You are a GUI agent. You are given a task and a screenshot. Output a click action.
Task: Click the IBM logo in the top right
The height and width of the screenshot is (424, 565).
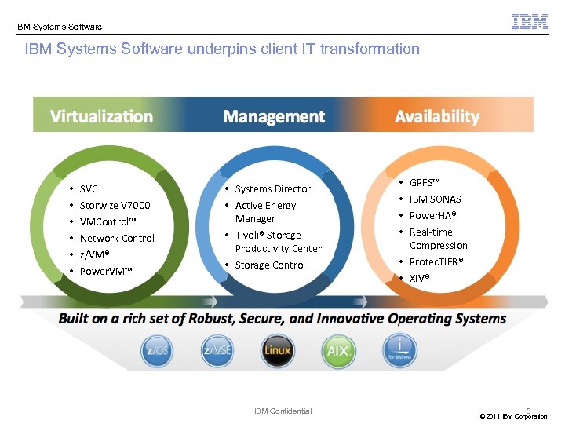coord(530,21)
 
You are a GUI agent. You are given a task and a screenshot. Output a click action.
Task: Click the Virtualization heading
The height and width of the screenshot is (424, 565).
coord(101,117)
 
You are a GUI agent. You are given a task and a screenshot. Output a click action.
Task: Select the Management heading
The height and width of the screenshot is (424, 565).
coord(273,117)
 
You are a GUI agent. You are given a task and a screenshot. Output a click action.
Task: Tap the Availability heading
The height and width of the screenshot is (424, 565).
coord(437,117)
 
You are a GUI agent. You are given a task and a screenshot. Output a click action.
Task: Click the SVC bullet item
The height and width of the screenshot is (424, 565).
coord(89,189)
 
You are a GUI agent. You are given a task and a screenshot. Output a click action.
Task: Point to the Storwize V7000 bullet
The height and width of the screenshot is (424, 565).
coord(115,206)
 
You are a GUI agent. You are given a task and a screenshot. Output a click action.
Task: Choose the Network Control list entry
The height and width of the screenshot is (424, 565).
coord(117,239)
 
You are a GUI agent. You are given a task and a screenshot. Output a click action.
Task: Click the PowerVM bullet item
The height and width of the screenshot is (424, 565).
coord(106,272)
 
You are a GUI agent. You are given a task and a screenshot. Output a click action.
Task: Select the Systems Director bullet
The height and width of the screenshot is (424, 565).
coord(273,189)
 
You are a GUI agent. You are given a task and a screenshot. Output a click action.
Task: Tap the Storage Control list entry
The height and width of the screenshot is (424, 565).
coord(270,265)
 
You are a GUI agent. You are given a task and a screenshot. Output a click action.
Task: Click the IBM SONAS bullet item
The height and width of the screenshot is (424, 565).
coord(435,199)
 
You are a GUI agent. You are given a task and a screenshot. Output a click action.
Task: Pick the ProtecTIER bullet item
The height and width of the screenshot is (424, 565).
coord(436,261)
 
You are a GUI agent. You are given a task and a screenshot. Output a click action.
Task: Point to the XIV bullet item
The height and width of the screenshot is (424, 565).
coord(419,278)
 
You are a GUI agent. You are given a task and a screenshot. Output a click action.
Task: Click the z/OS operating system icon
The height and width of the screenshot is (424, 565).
coord(156,350)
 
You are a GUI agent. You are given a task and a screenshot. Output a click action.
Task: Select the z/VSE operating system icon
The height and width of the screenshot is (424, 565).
coord(217,350)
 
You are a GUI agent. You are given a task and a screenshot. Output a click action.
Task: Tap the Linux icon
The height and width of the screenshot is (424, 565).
coord(277,350)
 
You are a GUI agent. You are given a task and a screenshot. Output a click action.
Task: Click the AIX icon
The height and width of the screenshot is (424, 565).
coord(338,350)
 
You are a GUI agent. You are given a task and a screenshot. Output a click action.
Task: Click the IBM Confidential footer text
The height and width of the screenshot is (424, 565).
coord(283,411)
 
